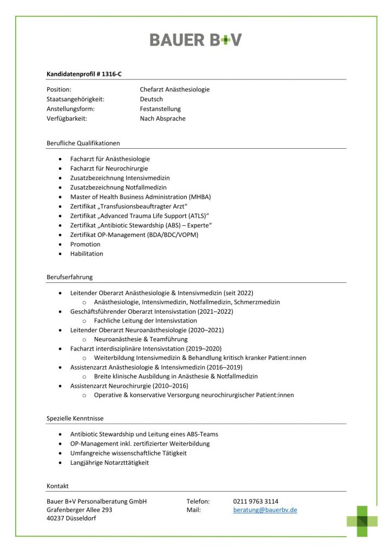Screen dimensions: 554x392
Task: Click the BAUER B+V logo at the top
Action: tap(195, 39)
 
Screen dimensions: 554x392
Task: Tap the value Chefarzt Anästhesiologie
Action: tap(174, 89)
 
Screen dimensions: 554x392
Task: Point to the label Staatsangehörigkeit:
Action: tap(75, 99)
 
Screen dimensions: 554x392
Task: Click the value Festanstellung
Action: tap(160, 109)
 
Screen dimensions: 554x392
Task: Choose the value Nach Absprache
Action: tap(162, 118)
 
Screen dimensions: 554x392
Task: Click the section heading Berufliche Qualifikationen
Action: tap(83, 143)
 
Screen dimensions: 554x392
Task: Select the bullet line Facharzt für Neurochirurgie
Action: tap(109, 168)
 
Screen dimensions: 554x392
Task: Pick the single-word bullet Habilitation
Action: tap(87, 253)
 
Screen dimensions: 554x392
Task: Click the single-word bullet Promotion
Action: tap(85, 244)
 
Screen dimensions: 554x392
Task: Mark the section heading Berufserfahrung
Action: tap(69, 277)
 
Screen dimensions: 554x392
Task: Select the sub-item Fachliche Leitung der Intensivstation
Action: tap(145, 321)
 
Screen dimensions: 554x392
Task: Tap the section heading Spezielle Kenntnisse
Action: tap(75, 418)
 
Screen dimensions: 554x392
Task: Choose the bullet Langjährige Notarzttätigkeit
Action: tap(109, 463)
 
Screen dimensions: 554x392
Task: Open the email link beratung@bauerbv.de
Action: tap(265, 510)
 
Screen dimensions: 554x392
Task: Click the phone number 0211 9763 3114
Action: tap(256, 501)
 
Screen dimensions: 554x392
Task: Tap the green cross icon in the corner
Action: tap(362, 520)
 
